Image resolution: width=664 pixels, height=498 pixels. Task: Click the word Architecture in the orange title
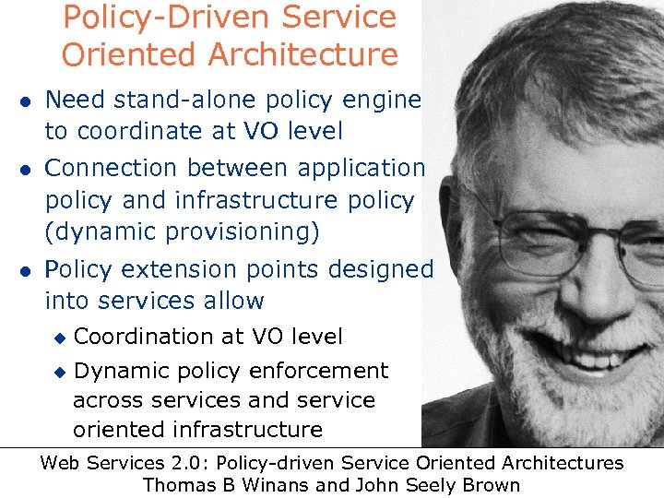(304, 54)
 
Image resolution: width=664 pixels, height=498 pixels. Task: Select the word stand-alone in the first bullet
(192, 99)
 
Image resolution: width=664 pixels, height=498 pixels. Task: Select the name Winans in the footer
(270, 485)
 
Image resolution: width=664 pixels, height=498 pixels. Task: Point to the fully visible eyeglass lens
(544, 242)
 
